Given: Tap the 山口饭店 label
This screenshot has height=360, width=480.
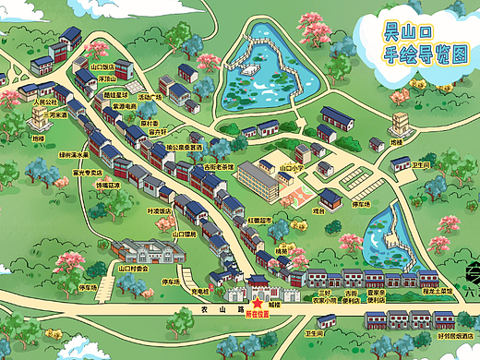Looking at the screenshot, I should click(102, 66).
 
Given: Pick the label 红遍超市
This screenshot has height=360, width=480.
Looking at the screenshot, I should click(258, 221).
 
